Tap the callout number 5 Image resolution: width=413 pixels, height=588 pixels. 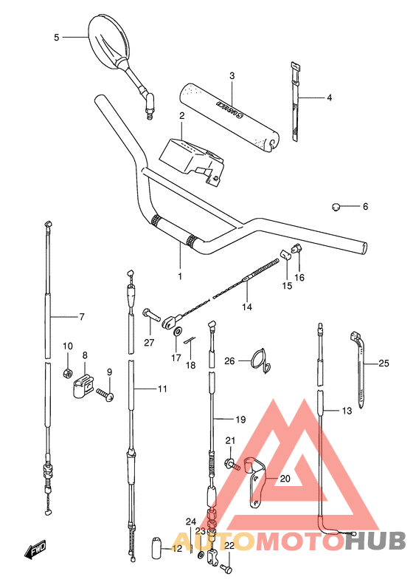pyautogui.click(x=56, y=36)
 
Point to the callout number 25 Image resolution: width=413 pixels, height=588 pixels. pyautogui.click(x=383, y=363)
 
